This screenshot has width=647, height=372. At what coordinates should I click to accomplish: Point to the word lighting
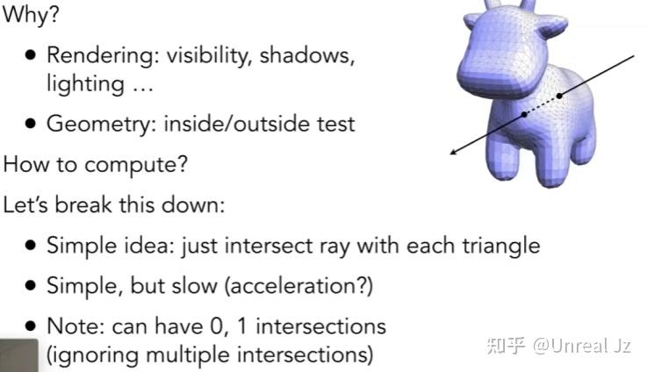pos(84,84)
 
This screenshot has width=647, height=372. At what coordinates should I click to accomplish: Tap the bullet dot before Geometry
pos(31,124)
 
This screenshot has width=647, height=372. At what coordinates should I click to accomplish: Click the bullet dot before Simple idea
pos(31,245)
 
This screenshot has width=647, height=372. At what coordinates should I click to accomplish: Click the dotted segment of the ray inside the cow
pos(542,104)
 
